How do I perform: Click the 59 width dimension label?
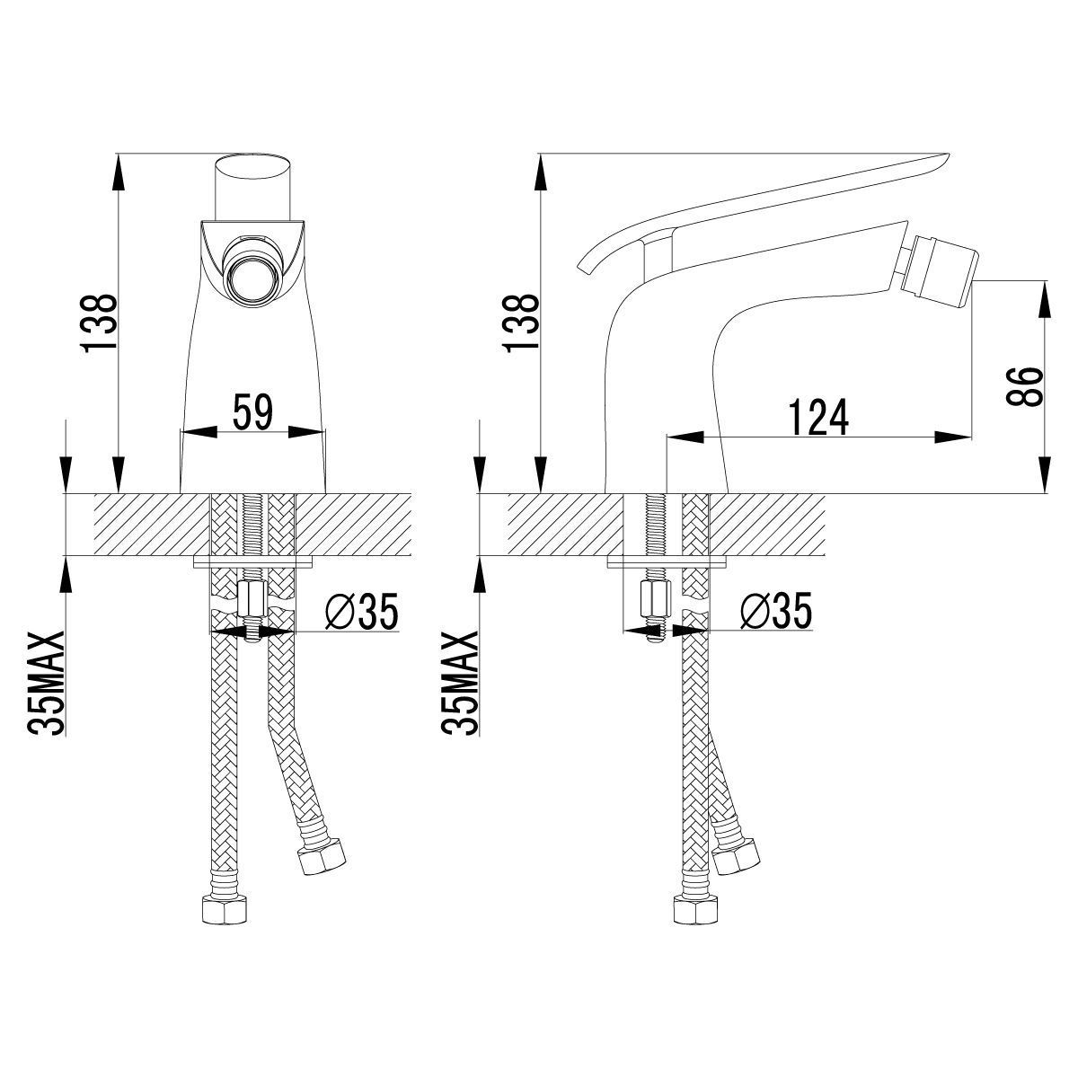pos(252,411)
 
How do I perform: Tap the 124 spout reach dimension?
pos(818,417)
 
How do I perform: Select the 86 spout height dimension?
pos(1025,385)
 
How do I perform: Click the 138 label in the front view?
pos(100,323)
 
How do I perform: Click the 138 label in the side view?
pos(521,323)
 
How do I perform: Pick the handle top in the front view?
pos(252,189)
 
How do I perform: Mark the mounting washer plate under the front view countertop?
pos(252,561)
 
